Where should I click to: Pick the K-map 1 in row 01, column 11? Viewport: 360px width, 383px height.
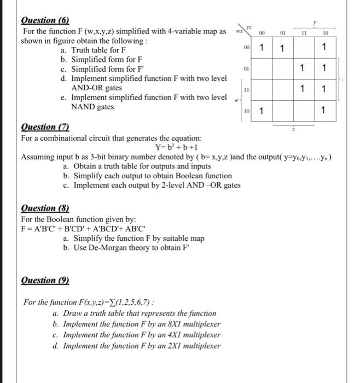(303, 68)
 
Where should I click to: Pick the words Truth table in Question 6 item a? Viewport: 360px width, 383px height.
(92, 50)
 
